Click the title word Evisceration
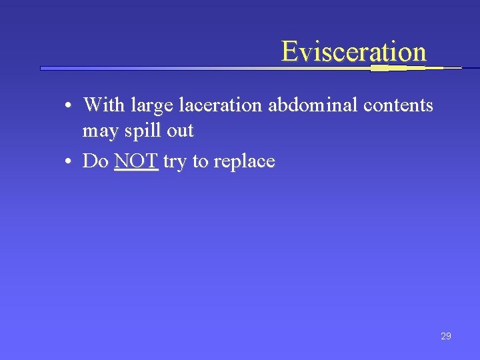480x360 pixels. pyautogui.click(x=353, y=51)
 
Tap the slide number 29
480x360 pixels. pyautogui.click(x=446, y=336)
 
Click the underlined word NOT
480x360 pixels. pyautogui.click(x=136, y=161)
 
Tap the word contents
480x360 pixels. pyautogui.click(x=398, y=105)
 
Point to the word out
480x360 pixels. pyautogui.click(x=180, y=131)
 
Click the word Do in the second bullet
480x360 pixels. pyautogui.click(x=95, y=161)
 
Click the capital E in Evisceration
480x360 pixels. pyautogui.click(x=289, y=51)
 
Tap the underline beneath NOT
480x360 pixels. pyautogui.click(x=136, y=170)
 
